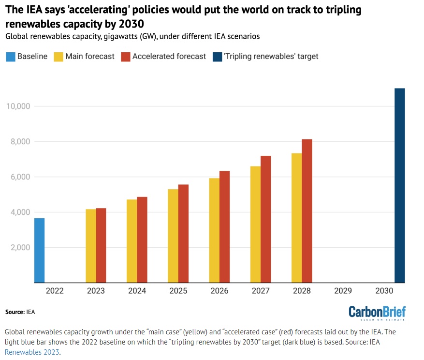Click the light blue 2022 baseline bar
coord(39,250)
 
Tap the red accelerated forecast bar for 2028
coord(307,211)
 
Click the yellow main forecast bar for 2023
coord(90,246)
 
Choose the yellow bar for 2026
coord(214,230)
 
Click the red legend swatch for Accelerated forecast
coord(125,57)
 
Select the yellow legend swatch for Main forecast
coord(58,57)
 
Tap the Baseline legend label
coord(32,57)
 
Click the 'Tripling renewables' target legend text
coord(271,57)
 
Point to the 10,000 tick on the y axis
coord(17,106)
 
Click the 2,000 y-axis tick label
coord(19,248)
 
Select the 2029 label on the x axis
coord(343,291)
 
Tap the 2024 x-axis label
coord(137,291)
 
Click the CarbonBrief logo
coord(377,312)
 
